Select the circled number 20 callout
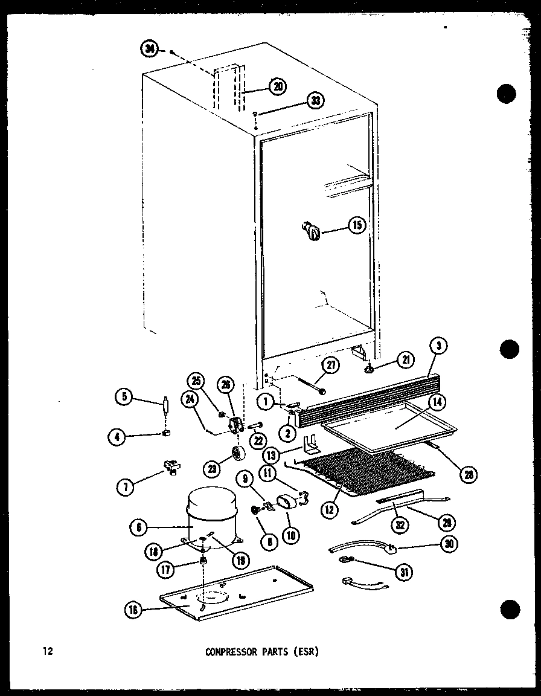coord(278,86)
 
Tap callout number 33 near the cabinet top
coord(315,101)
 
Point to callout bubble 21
coord(405,361)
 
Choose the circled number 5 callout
coord(124,397)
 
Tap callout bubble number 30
coord(449,544)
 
